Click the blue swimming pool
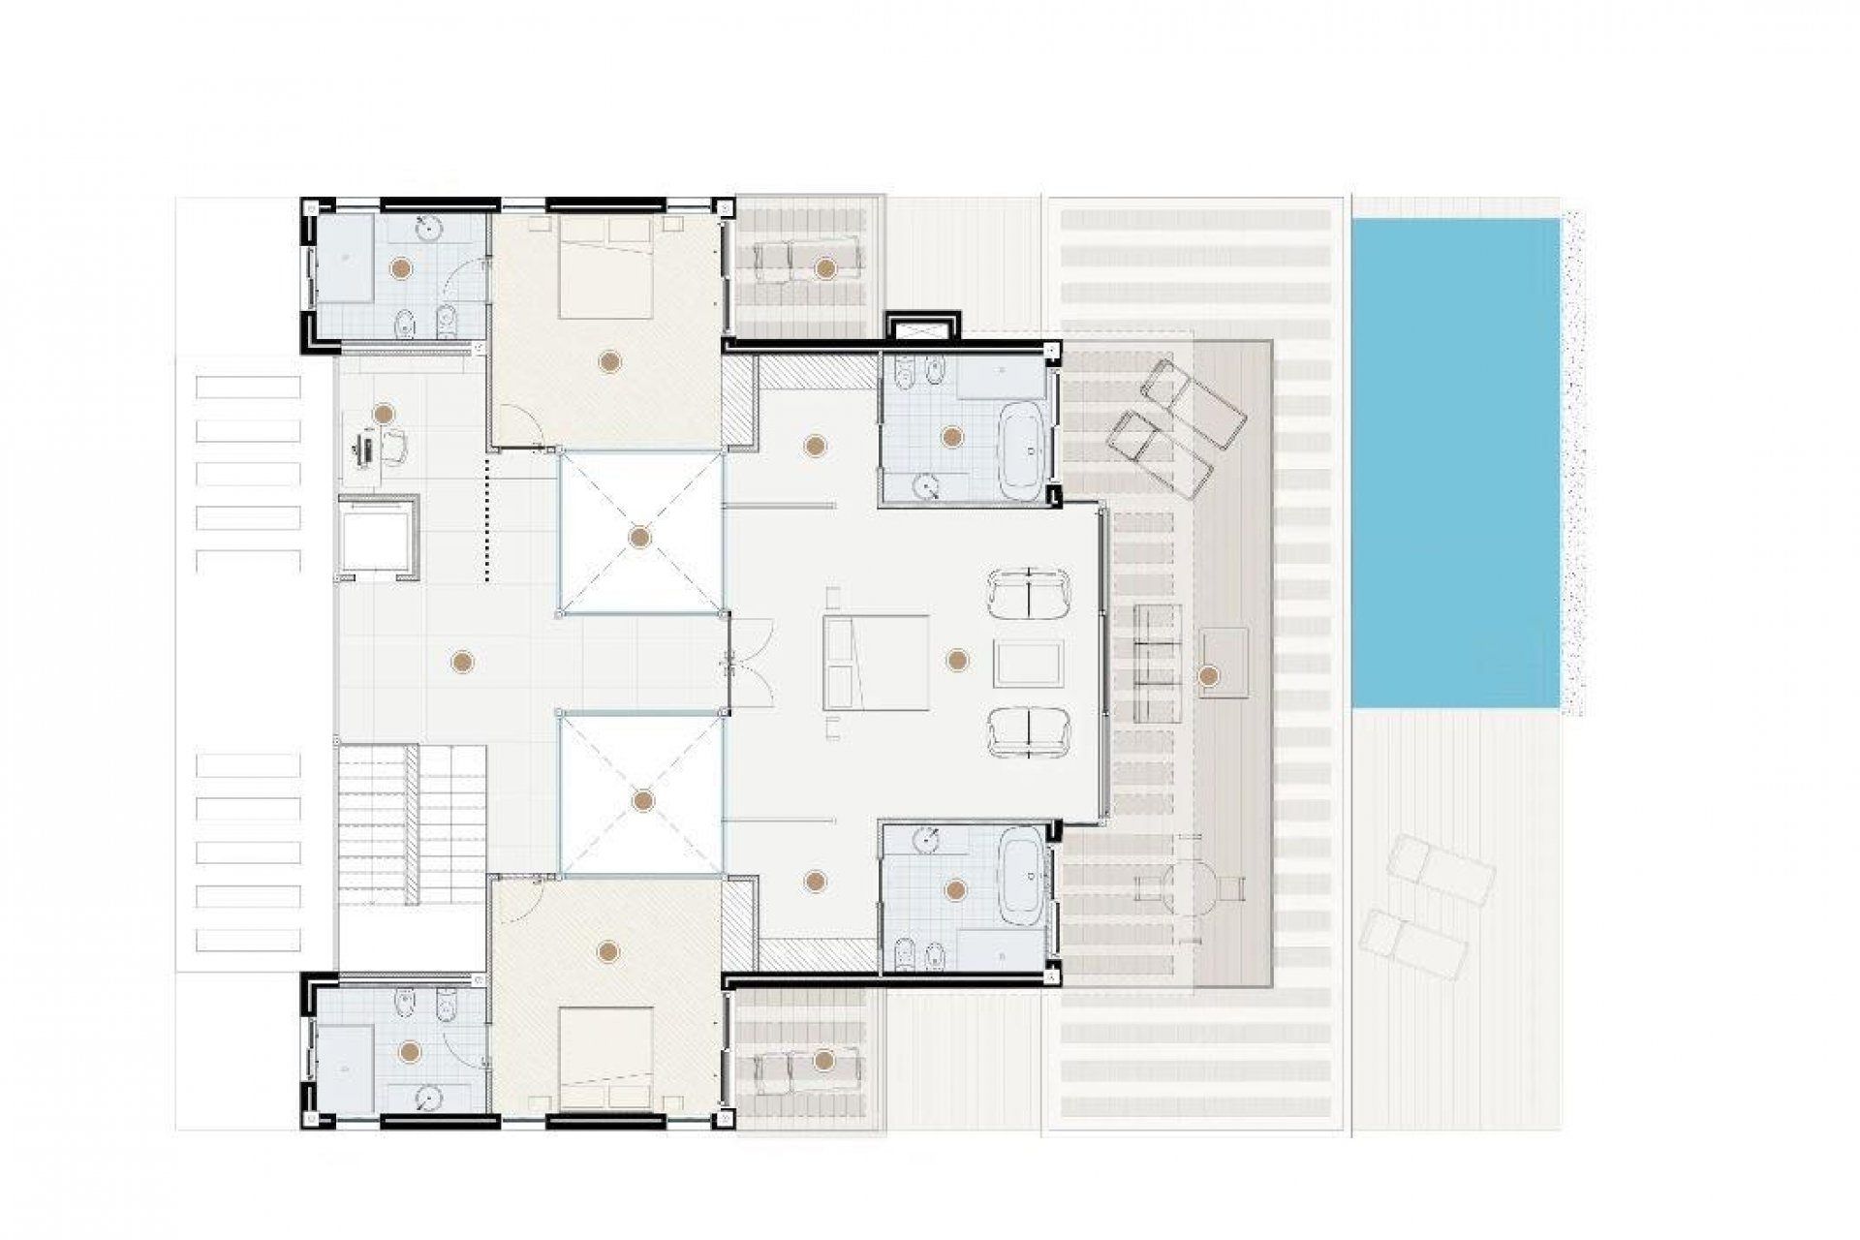(1455, 463)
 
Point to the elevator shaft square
(378, 537)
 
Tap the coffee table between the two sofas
(1028, 663)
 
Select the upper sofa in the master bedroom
(1028, 594)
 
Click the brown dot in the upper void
(639, 536)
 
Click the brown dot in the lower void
(642, 800)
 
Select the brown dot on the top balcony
(824, 267)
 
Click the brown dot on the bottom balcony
(824, 1060)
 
